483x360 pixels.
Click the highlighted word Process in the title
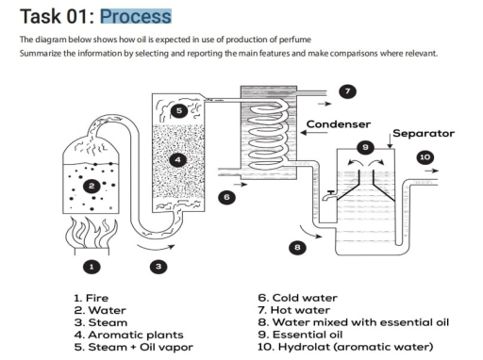point(136,16)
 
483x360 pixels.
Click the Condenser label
point(338,124)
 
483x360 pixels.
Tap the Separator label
point(423,134)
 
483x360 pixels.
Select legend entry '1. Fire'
point(91,298)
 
